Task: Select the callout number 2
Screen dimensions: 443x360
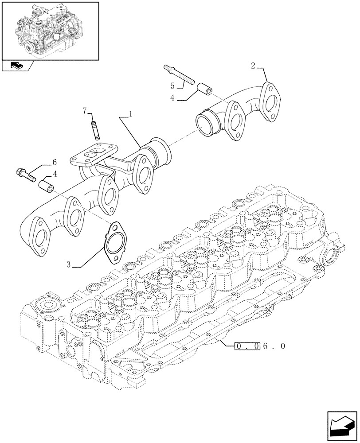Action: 253,66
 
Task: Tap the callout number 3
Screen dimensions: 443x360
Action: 68,264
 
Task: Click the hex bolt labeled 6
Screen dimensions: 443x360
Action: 26,175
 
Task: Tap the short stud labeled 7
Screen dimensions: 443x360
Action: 94,130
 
